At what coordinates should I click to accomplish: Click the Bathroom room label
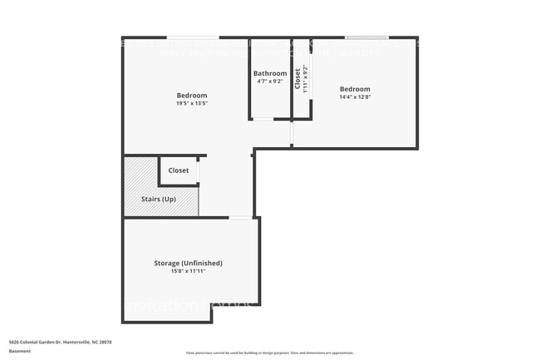(x=270, y=73)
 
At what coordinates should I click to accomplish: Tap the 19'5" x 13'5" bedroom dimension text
(x=191, y=104)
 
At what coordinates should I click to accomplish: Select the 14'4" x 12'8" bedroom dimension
(x=355, y=97)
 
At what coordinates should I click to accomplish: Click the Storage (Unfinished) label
(x=188, y=263)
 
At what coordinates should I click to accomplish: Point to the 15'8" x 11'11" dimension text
(x=188, y=271)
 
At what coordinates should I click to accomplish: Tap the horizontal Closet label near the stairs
(x=179, y=170)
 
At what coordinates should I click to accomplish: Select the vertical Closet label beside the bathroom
(x=297, y=78)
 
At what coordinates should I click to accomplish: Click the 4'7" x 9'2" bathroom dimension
(x=270, y=82)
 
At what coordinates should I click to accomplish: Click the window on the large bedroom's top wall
(x=193, y=37)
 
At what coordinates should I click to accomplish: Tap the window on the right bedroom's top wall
(x=366, y=37)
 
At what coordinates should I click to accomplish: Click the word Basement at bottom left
(x=20, y=351)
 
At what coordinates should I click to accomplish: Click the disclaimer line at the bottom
(x=269, y=353)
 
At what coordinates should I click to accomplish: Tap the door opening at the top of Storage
(x=241, y=218)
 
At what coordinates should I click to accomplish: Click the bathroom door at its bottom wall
(x=263, y=120)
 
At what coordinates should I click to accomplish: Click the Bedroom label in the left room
(x=191, y=96)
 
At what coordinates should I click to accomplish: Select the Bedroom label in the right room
(x=355, y=89)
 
